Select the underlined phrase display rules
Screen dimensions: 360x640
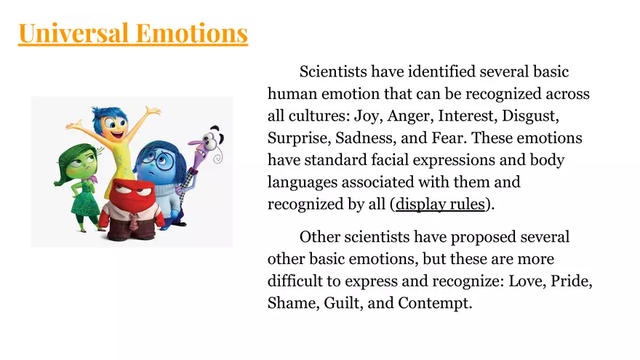click(440, 204)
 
